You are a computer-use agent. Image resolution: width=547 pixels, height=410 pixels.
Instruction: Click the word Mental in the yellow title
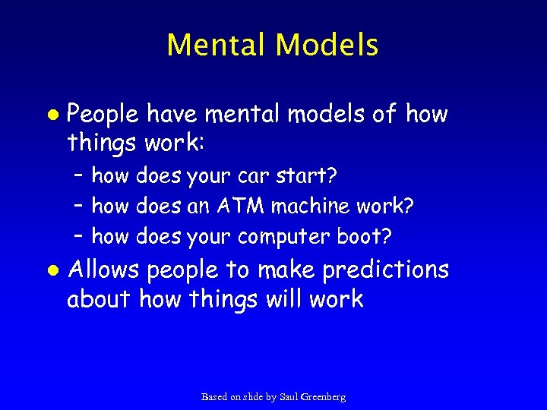(217, 45)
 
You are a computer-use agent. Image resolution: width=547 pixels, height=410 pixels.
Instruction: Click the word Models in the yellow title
(327, 45)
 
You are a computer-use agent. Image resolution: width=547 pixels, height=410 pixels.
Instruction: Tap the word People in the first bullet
(103, 115)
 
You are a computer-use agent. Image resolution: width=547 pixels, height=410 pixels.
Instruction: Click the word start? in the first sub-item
(305, 176)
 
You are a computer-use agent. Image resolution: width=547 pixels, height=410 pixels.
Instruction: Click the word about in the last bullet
(99, 299)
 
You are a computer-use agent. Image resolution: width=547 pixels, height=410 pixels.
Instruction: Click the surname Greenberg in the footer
(323, 396)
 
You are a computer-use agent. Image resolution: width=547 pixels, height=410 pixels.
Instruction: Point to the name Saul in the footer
(289, 396)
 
